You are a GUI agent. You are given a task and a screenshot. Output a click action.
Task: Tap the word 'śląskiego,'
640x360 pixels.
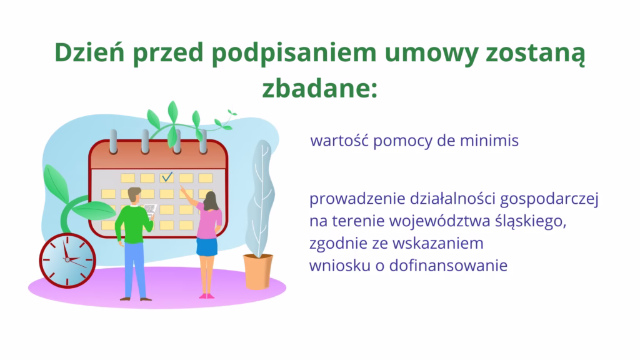tap(529, 222)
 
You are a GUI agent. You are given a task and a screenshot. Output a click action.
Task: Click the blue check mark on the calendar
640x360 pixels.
tap(166, 177)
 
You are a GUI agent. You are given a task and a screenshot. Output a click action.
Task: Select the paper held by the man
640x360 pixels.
tap(149, 209)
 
